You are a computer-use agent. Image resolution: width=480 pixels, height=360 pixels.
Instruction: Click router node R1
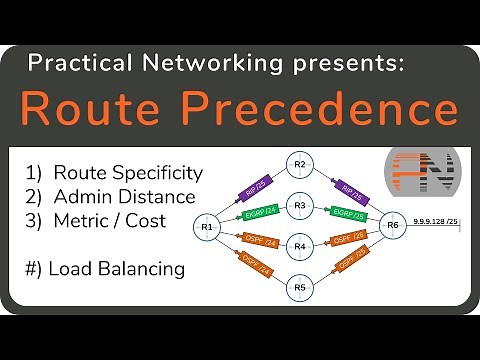click(207, 227)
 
